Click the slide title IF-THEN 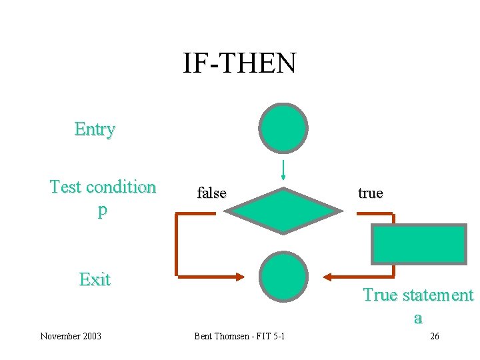tap(239, 64)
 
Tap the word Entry tap(95, 129)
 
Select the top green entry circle tap(283, 127)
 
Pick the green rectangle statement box tap(419, 244)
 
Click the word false tap(211, 193)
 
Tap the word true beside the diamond tap(370, 193)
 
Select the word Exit tap(95, 279)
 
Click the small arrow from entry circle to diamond tap(283, 170)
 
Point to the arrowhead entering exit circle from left tap(239, 275)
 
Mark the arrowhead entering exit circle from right tap(328, 275)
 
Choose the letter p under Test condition tap(102, 210)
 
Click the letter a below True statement tap(418, 318)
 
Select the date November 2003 tap(71, 336)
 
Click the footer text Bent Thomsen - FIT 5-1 tap(239, 336)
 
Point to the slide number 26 tap(434, 336)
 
